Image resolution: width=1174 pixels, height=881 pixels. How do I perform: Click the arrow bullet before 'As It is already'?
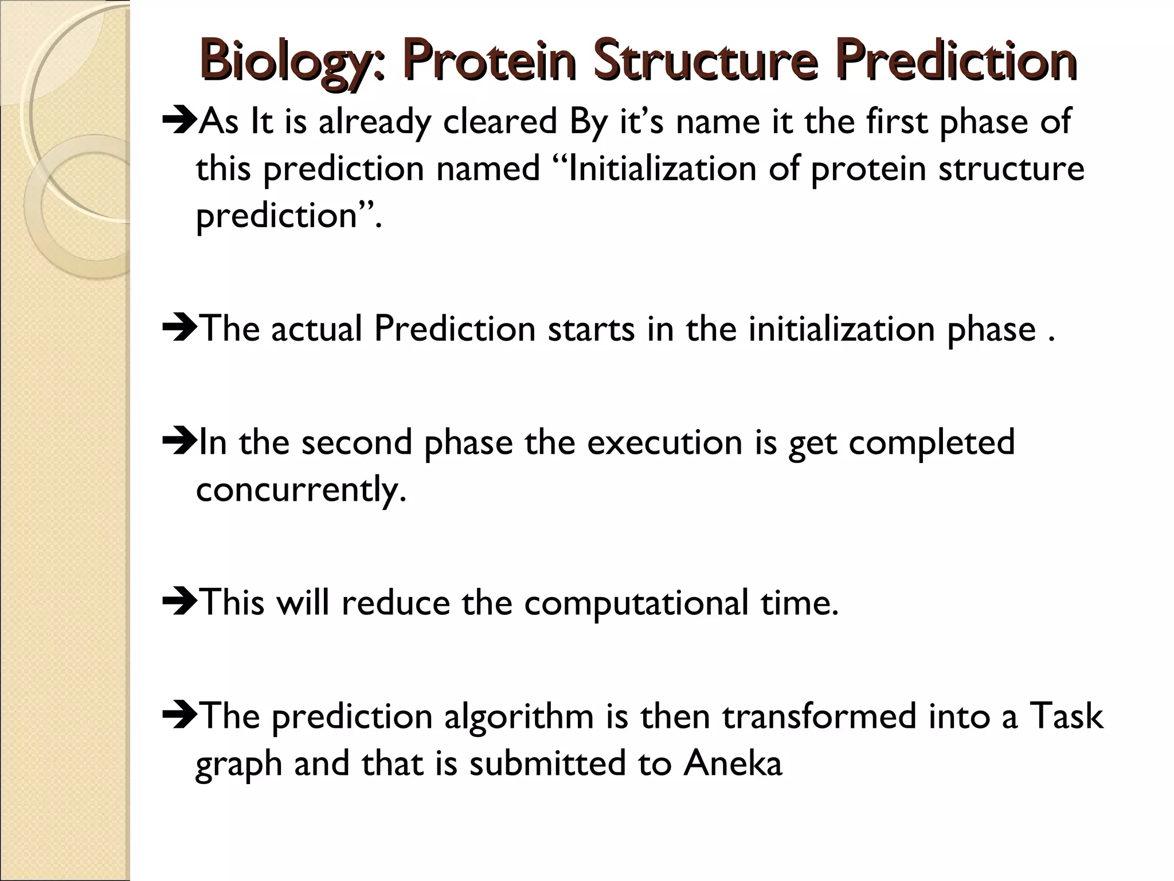(x=179, y=122)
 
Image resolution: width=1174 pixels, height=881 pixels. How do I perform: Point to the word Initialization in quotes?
(x=653, y=169)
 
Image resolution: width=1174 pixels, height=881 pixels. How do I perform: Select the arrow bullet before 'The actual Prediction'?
(x=179, y=329)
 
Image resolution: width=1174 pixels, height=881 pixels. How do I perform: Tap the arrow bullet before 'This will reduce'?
(x=179, y=603)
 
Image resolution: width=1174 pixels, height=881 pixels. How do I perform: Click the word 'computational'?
(x=636, y=603)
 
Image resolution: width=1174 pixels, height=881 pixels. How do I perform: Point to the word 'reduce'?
(x=396, y=603)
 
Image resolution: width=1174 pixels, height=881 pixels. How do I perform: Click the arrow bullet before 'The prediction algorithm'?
(x=179, y=717)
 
